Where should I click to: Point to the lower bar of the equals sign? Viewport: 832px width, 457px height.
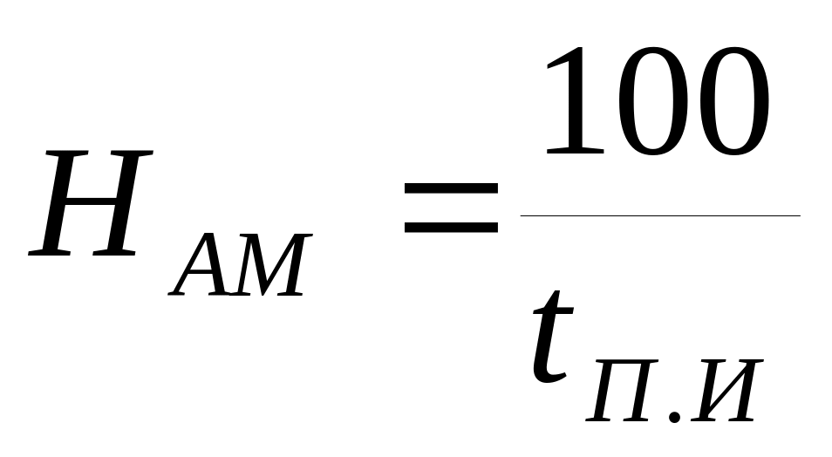pos(451,228)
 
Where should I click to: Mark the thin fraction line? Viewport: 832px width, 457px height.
pos(659,215)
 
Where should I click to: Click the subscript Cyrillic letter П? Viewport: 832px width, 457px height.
pos(624,389)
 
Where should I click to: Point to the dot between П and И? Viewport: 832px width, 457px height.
pos(675,417)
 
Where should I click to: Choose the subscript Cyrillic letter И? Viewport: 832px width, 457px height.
pos(724,389)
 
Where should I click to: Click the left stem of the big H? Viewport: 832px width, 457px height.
pos(58,205)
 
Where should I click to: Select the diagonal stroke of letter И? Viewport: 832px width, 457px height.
pos(724,389)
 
